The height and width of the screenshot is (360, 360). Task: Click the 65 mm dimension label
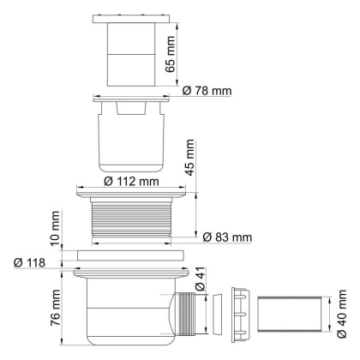[x=172, y=53]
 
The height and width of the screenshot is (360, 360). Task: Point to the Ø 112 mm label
[x=128, y=181]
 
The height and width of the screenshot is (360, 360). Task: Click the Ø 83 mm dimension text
[x=227, y=236]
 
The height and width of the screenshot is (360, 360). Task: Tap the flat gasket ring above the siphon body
[x=129, y=255]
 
